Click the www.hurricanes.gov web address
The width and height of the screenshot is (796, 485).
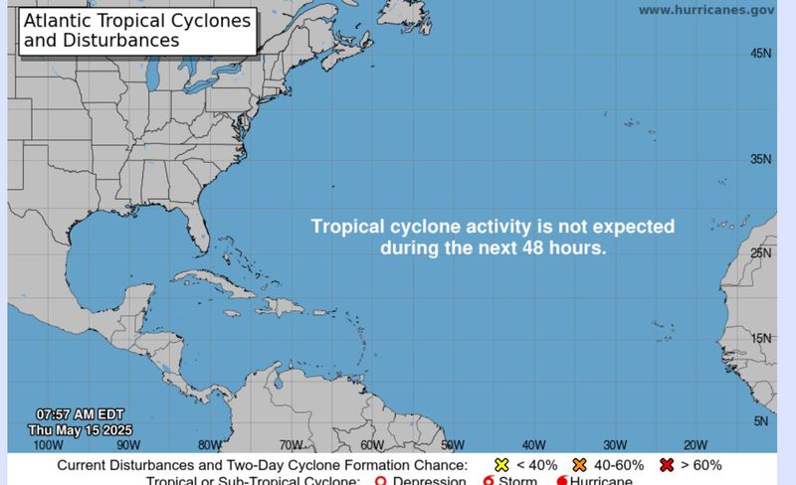pos(705,10)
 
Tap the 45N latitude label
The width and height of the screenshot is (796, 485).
pos(761,54)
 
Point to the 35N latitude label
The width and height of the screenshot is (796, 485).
pos(761,159)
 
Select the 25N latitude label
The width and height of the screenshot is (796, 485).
pos(761,253)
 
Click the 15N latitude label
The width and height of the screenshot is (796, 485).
pos(761,339)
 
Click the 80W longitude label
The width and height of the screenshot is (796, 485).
pos(209,445)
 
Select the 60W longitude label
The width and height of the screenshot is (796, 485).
pos(371,445)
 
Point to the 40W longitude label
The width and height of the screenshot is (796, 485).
pos(533,445)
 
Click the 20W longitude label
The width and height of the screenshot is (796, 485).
pos(695,445)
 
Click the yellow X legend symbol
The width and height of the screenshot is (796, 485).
pos(502,465)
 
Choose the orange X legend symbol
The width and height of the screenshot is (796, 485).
pos(580,465)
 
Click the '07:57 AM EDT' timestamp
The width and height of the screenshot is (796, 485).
pos(79,413)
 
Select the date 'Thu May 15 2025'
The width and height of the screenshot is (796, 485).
pos(80,429)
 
